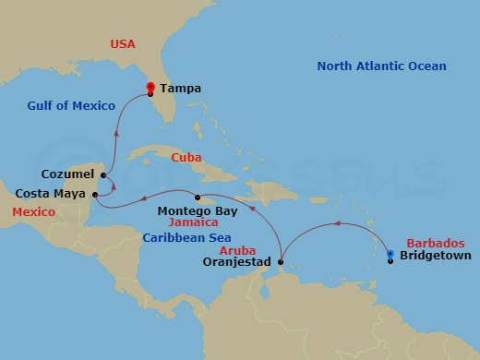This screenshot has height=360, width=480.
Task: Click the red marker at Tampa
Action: point(150,88)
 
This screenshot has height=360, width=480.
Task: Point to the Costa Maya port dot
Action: point(95,195)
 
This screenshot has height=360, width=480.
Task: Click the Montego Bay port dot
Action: point(197,198)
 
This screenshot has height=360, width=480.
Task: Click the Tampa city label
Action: point(180,90)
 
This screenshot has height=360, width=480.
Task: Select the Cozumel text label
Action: point(69,174)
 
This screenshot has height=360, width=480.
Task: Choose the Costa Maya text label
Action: point(52,194)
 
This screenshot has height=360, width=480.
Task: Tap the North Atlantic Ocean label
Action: point(381,66)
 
